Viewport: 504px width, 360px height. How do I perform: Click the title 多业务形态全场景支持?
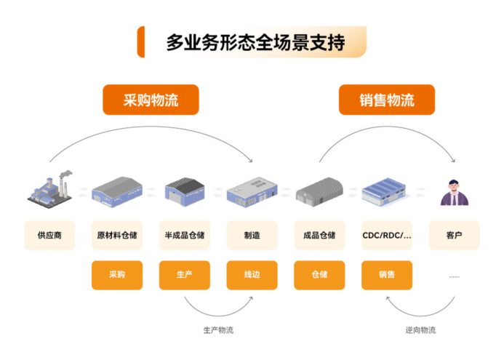[x=255, y=42]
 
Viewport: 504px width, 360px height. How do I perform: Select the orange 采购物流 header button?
[x=151, y=100]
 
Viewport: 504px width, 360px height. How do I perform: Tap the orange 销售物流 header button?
[x=386, y=100]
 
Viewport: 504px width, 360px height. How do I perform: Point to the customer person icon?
[x=454, y=192]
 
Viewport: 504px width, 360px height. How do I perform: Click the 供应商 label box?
[x=49, y=235]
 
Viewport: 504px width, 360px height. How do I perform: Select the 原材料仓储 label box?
[x=117, y=235]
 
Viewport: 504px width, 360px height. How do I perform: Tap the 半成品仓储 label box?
[x=185, y=235]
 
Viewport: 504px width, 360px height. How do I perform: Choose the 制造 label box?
[x=252, y=235]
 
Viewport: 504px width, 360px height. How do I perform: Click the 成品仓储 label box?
[x=319, y=235]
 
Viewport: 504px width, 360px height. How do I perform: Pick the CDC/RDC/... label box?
[x=387, y=235]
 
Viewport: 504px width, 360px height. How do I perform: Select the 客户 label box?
[x=454, y=235]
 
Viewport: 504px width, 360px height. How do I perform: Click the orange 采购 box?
[x=117, y=275]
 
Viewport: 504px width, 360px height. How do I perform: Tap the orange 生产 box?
[x=185, y=275]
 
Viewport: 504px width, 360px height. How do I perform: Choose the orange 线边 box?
[x=252, y=275]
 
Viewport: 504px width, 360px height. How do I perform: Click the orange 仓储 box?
[x=319, y=275]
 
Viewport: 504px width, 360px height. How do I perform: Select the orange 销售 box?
[x=387, y=275]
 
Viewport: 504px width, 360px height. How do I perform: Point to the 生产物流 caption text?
[x=218, y=330]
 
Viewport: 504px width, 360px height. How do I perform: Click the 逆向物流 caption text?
[x=420, y=330]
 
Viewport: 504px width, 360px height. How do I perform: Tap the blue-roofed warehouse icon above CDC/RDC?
[x=386, y=191]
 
